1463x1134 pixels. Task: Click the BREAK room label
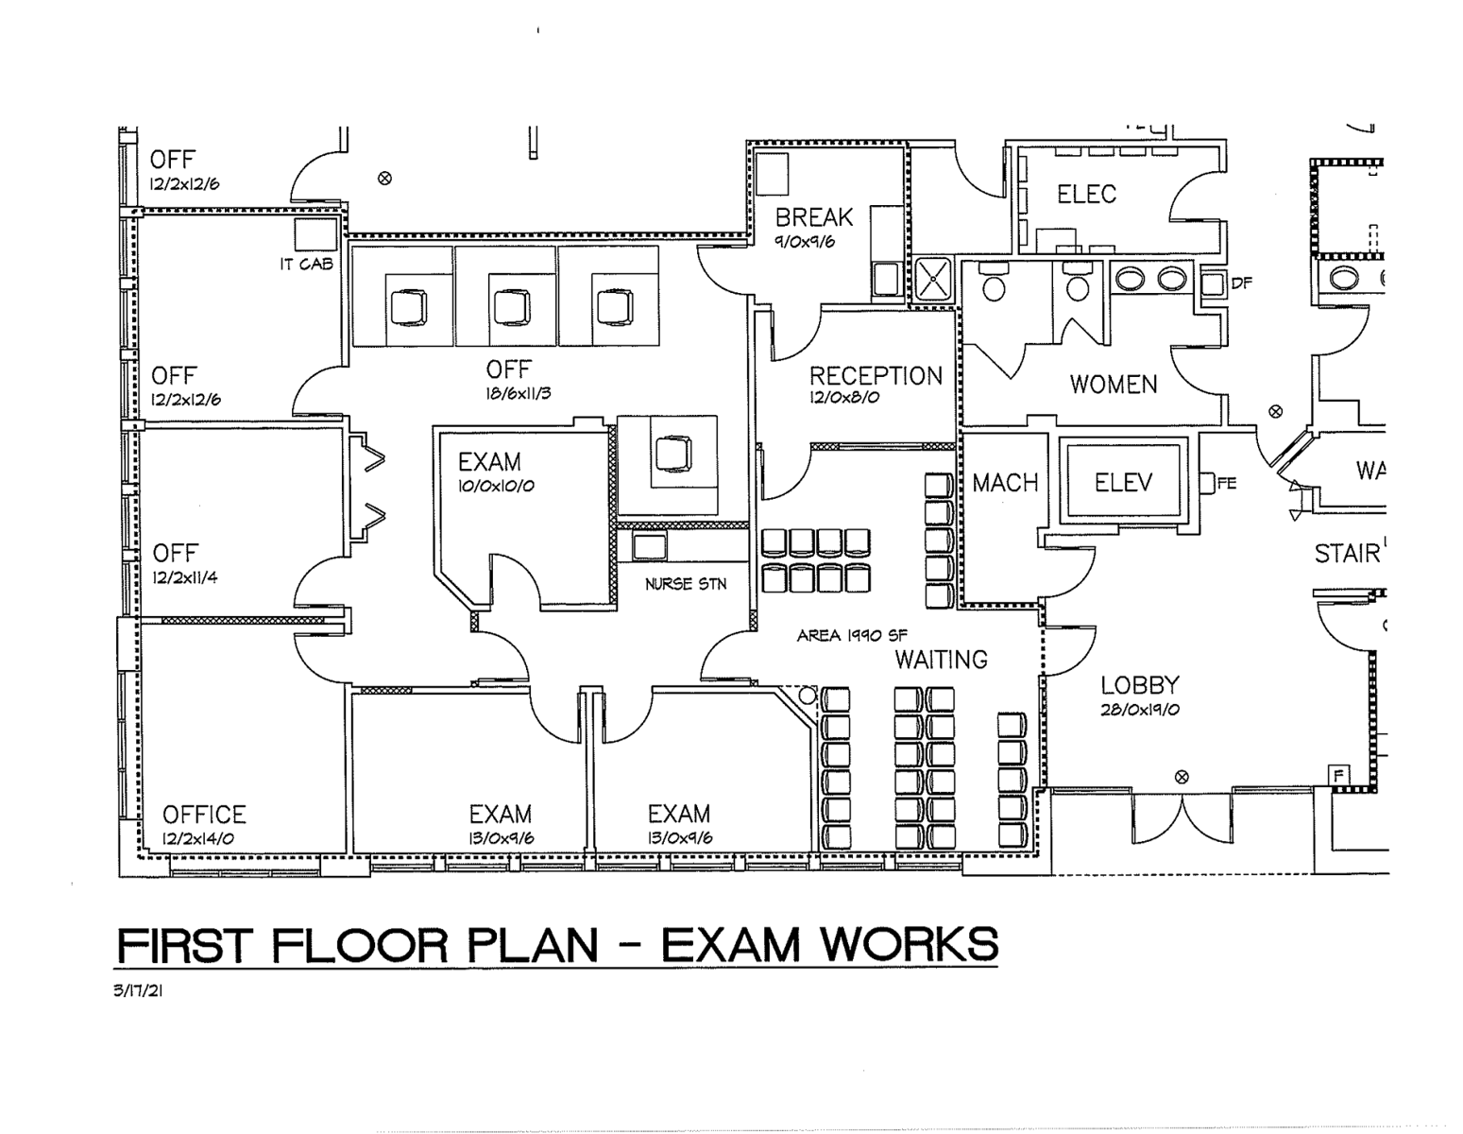pyautogui.click(x=813, y=217)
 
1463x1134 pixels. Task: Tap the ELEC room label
pyautogui.click(x=1086, y=195)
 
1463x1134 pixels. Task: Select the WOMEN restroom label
pyautogui.click(x=1113, y=385)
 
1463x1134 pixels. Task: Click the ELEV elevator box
pyautogui.click(x=1123, y=483)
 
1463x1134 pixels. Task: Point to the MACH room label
pyautogui.click(x=1005, y=483)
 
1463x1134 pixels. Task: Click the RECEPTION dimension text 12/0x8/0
pyautogui.click(x=844, y=398)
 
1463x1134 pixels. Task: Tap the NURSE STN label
pyautogui.click(x=686, y=584)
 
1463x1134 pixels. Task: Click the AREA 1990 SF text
pyautogui.click(x=852, y=635)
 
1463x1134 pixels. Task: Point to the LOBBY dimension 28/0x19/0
pyautogui.click(x=1140, y=710)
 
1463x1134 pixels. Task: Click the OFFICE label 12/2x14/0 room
pyautogui.click(x=204, y=815)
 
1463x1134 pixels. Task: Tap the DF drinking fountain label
pyautogui.click(x=1241, y=283)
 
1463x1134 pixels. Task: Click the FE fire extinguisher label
pyautogui.click(x=1227, y=484)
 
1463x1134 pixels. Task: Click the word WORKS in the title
pyautogui.click(x=907, y=945)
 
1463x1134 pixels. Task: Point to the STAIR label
pyautogui.click(x=1347, y=554)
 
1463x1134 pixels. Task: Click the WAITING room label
pyautogui.click(x=941, y=660)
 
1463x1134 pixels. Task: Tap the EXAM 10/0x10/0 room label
pyautogui.click(x=489, y=462)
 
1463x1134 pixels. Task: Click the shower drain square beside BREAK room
pyautogui.click(x=933, y=279)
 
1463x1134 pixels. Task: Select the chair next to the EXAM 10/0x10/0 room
pyautogui.click(x=672, y=453)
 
